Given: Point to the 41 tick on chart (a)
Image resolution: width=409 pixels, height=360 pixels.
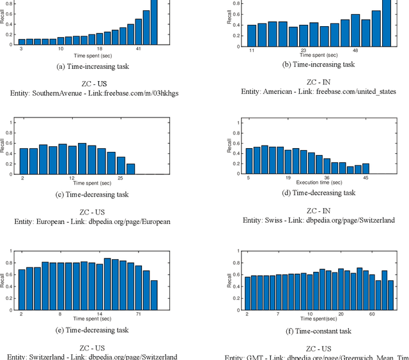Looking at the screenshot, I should point(139,49).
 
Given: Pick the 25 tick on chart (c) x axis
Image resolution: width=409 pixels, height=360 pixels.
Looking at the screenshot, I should point(120,179).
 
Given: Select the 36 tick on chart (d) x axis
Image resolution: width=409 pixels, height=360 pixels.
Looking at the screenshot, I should point(327,178).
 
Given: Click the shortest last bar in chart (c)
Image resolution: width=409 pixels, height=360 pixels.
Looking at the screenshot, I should point(130,169).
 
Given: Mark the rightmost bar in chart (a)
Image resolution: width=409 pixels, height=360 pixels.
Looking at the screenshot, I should point(154,22).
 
